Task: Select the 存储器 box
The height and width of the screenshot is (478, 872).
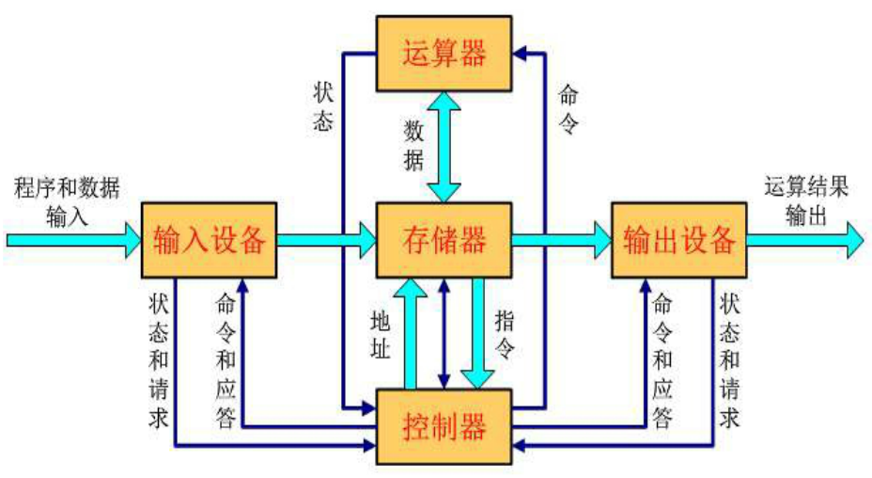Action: [x=444, y=240]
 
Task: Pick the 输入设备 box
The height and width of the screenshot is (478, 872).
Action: [x=209, y=240]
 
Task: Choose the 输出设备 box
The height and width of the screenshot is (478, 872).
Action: [x=679, y=240]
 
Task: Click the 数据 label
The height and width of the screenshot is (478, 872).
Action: [x=413, y=144]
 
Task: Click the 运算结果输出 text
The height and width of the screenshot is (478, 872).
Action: [x=806, y=200]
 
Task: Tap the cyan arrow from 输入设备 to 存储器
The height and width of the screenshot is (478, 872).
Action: [x=327, y=240]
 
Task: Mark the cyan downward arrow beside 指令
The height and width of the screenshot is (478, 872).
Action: [x=479, y=334]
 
